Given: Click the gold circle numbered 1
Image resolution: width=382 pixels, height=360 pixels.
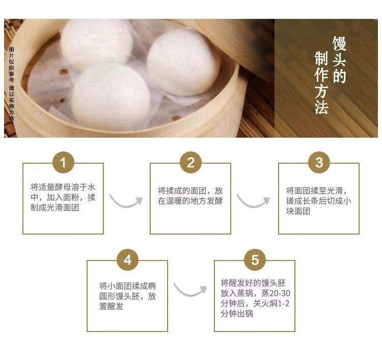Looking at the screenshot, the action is [x=63, y=162].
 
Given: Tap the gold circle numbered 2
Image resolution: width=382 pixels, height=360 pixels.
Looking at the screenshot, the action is [x=191, y=162].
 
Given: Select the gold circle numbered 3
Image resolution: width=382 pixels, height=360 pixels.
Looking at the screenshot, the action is [x=319, y=162].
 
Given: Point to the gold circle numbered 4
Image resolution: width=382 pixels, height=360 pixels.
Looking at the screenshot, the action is [x=128, y=260].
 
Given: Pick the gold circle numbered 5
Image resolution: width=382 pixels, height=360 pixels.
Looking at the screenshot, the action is [x=255, y=260].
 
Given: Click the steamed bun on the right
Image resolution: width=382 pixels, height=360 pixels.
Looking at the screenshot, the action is [x=183, y=62].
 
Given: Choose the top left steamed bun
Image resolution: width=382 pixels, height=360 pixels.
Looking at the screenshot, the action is [x=96, y=43].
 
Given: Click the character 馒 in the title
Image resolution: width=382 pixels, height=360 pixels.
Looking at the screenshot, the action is [x=339, y=43].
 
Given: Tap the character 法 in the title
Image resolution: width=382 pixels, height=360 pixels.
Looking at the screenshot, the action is [x=321, y=107].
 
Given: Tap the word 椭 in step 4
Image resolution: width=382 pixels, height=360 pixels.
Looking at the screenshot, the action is [x=152, y=286].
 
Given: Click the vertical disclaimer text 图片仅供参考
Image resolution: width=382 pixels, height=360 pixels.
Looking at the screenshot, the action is [x=11, y=65].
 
